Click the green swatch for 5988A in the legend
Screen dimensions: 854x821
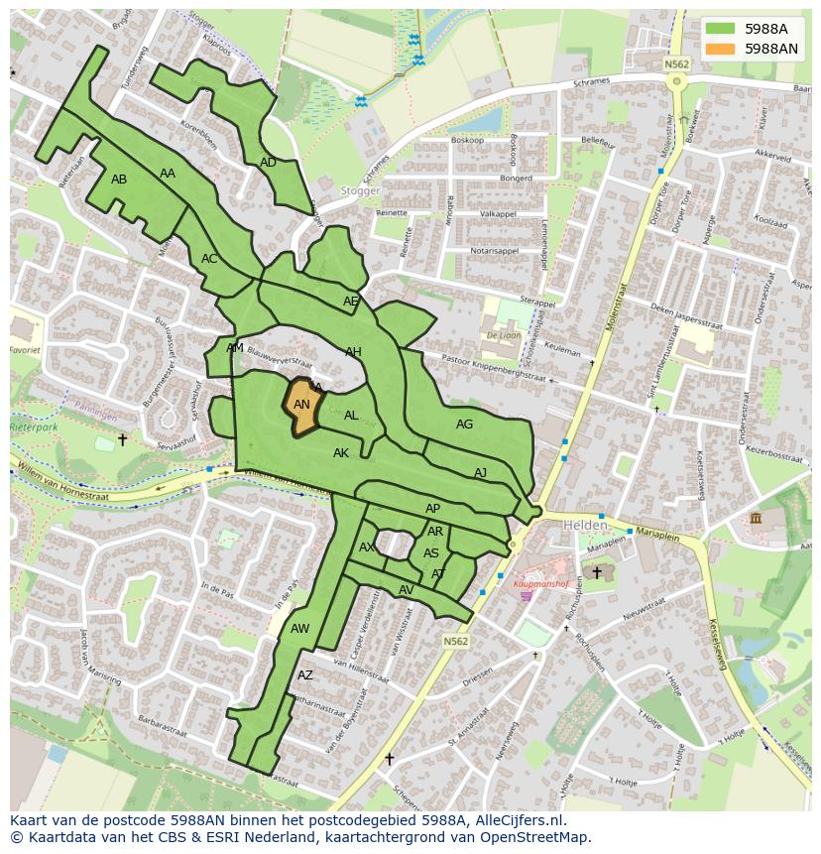point(720,29)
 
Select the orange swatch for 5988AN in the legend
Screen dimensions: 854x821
point(720,49)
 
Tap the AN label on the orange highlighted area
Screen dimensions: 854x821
point(302,405)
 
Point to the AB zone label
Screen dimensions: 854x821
point(119,180)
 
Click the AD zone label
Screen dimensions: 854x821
point(268,163)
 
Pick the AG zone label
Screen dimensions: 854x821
point(464,425)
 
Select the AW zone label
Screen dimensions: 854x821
point(299,629)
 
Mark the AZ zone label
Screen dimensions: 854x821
point(305,675)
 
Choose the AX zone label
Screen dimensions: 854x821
point(367,548)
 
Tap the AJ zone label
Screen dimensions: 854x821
point(480,473)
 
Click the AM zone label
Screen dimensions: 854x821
point(235,348)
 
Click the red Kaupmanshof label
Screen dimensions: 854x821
point(540,584)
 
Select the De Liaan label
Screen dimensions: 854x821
point(504,335)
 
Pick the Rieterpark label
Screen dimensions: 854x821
point(34,427)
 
